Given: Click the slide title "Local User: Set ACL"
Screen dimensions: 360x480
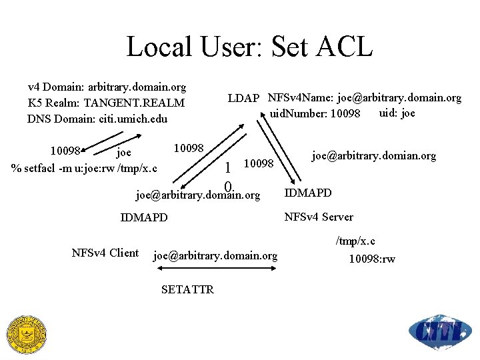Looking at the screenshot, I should pos(249,47).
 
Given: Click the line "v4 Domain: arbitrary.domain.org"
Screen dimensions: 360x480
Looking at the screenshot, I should pos(107,87).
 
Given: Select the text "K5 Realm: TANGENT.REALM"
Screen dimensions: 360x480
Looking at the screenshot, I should pos(106,103).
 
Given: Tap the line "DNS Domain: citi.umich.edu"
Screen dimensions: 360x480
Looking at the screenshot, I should pos(97,119).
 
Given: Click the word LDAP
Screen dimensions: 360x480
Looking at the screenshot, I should pos(243,99).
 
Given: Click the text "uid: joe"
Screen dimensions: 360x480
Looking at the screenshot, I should pos(397,113).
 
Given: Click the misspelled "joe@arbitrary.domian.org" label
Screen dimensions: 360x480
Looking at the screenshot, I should pos(374,155).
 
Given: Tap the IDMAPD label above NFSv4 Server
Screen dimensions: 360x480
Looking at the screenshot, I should pos(308,193).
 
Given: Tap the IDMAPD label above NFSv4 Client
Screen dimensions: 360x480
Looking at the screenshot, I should pos(144,217).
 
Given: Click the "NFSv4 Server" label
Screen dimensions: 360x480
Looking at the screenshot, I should pos(319,217).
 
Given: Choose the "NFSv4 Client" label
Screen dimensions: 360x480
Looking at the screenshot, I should pos(105,253).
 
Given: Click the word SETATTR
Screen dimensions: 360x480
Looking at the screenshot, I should pos(187,289).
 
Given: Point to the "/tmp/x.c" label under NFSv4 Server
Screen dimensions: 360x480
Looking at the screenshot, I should pos(356,241).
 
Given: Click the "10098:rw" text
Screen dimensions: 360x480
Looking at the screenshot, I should pos(372,259).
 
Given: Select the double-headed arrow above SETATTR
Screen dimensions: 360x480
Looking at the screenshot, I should pos(215,269).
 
